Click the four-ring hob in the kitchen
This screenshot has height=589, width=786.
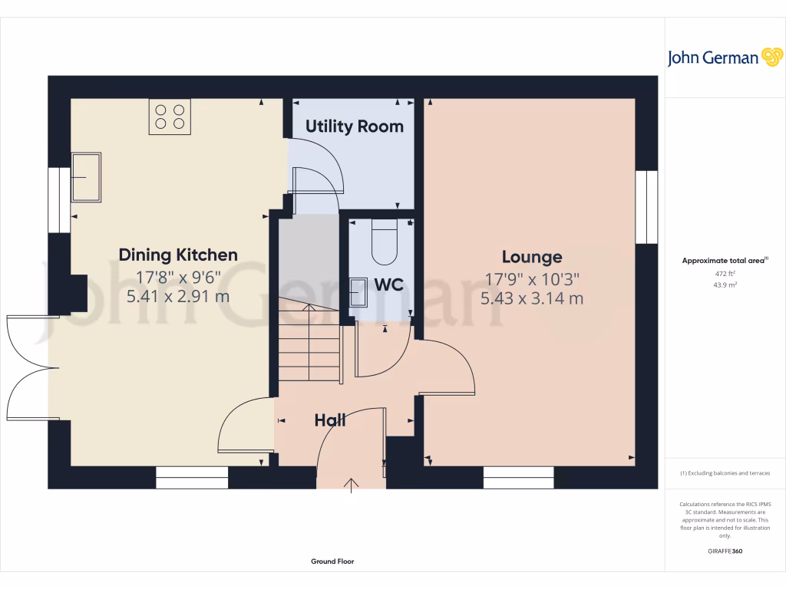click(x=170, y=117)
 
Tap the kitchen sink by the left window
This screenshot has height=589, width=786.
click(x=86, y=177)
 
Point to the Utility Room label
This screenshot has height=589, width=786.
click(x=354, y=127)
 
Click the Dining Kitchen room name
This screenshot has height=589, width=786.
click(x=178, y=255)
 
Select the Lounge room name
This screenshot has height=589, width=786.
click(x=532, y=257)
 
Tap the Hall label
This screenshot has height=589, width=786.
click(x=330, y=420)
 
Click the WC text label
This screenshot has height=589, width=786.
click(x=388, y=285)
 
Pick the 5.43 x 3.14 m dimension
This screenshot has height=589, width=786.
click(x=532, y=298)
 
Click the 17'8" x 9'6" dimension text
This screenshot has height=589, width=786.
click(x=178, y=276)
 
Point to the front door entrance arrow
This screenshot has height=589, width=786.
click(x=352, y=485)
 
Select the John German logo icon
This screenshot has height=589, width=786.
click(x=771, y=57)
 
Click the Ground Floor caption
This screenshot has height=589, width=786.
click(x=332, y=561)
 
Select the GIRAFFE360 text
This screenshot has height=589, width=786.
click(x=725, y=551)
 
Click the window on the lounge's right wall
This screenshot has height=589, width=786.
click(x=646, y=206)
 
